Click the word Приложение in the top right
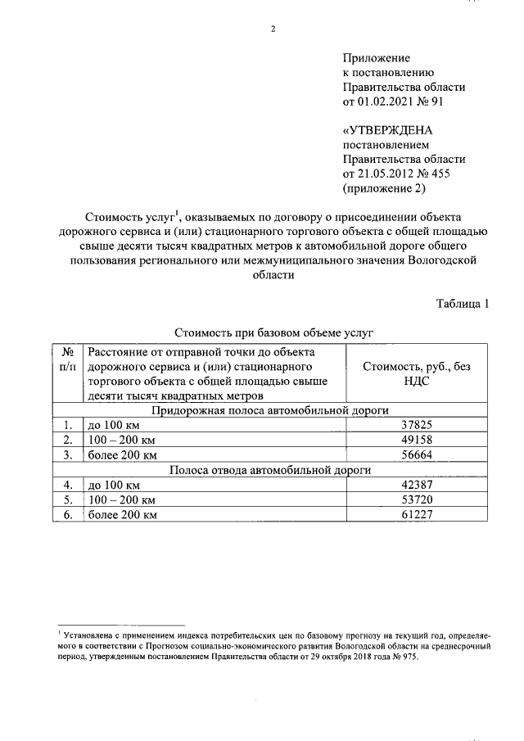tap(376, 58)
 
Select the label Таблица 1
tap(463, 304)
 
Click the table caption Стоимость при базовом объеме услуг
tap(273, 334)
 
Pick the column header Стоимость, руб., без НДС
tap(417, 374)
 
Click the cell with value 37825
tap(417, 425)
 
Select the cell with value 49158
tap(417, 440)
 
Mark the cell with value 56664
tap(417, 454)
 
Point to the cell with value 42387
tap(417, 485)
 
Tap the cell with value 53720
tap(417, 499)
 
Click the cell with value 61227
tap(417, 514)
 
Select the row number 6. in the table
tap(69, 514)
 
